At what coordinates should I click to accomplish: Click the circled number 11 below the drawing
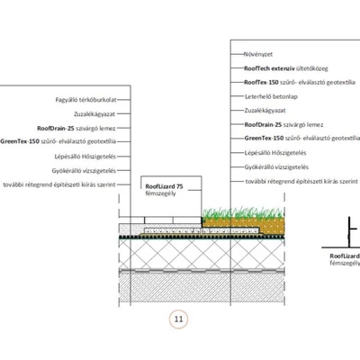point(178,319)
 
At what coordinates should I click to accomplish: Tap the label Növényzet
point(258,54)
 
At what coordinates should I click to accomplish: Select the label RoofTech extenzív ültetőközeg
point(286,68)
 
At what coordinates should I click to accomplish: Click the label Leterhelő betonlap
point(271,96)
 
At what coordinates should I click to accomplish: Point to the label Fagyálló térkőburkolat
point(85,100)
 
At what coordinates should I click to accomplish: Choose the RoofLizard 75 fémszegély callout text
point(164,190)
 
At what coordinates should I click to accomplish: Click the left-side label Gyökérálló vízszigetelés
point(84,171)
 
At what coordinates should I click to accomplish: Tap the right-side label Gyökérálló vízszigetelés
point(276,167)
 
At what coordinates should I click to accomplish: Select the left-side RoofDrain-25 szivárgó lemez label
point(76,129)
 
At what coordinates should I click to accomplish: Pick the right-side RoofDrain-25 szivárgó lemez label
point(283,124)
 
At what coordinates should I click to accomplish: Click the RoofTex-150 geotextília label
point(300,82)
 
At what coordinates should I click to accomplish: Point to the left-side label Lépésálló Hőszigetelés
point(85,157)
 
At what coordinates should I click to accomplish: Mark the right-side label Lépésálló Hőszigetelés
point(275,153)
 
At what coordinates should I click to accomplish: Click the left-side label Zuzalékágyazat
point(94,114)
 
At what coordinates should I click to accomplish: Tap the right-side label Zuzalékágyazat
point(265,111)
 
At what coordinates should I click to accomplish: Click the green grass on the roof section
point(243,212)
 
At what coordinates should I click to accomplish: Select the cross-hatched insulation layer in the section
point(202,254)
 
